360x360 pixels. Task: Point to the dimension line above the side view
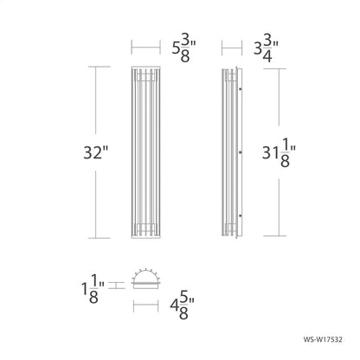[x=232, y=45]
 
